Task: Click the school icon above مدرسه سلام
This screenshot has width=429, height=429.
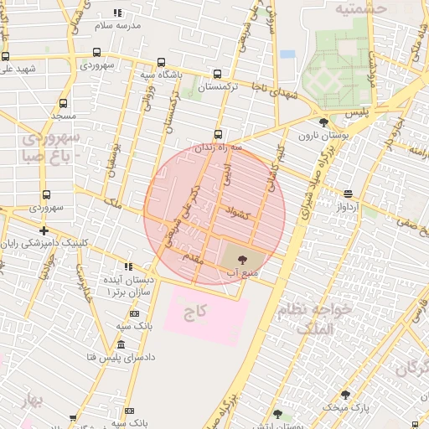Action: pos(117,13)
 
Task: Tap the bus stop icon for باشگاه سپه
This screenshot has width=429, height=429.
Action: pos(161,62)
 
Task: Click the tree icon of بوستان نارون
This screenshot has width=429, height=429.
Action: pos(324,122)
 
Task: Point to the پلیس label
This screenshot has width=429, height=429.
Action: pos(358,112)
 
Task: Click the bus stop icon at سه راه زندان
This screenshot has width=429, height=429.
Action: pos(219,134)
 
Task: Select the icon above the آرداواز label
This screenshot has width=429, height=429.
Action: pos(349,194)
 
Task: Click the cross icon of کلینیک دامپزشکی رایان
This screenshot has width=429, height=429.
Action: pos(44,230)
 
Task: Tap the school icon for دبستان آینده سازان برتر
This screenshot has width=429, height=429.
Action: pos(128,266)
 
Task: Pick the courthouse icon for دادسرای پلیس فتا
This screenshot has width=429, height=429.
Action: pos(121,345)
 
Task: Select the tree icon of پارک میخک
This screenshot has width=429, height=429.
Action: pos(345,395)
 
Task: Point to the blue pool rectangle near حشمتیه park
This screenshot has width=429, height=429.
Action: pos(287,54)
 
